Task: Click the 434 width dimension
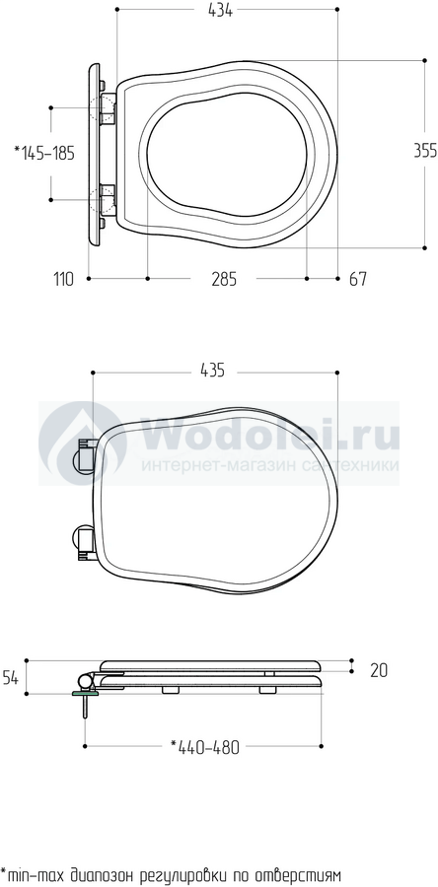pos(220,10)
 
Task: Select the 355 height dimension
pos(425,151)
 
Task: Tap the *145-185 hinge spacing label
pos(44,153)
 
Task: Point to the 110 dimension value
pos(63,279)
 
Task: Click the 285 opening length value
pos(224,279)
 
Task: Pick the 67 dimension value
pos(357,279)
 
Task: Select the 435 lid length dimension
pos(212,371)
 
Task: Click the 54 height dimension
pos(10,677)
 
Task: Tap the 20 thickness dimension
pos(379,670)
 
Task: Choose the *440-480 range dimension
pos(205,747)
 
